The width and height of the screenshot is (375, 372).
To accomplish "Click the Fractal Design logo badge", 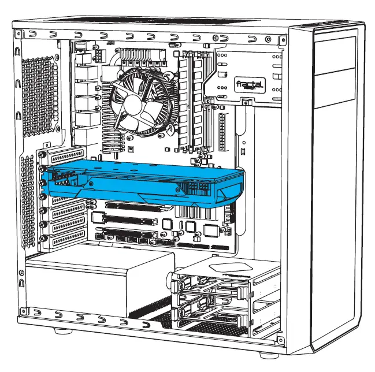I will point(249,85).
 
